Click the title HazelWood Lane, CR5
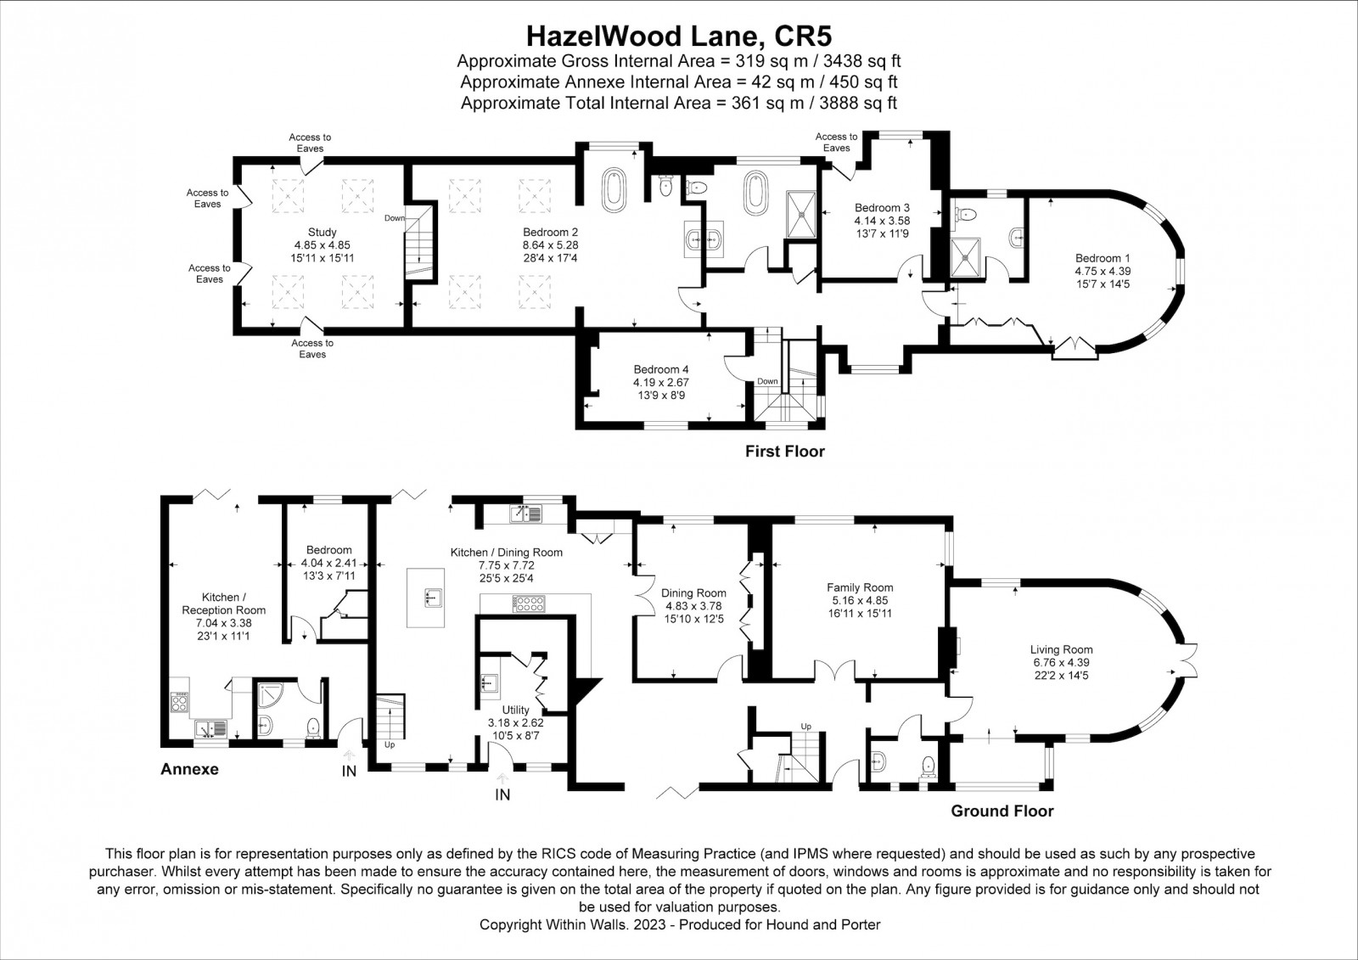point(678,36)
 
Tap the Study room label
point(322,233)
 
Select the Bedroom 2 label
point(551,233)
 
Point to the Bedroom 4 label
point(661,369)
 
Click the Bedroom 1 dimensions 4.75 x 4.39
point(1103,271)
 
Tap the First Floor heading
point(784,452)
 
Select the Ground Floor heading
point(1002,811)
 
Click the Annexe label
point(189,769)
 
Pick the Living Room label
point(1061,649)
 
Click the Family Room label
point(860,587)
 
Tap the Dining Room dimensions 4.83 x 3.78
point(693,606)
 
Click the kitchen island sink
point(433,597)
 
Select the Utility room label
point(515,710)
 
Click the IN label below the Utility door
point(502,794)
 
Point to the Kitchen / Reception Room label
point(224,604)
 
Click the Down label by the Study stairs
point(394,217)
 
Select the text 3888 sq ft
point(857,103)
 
